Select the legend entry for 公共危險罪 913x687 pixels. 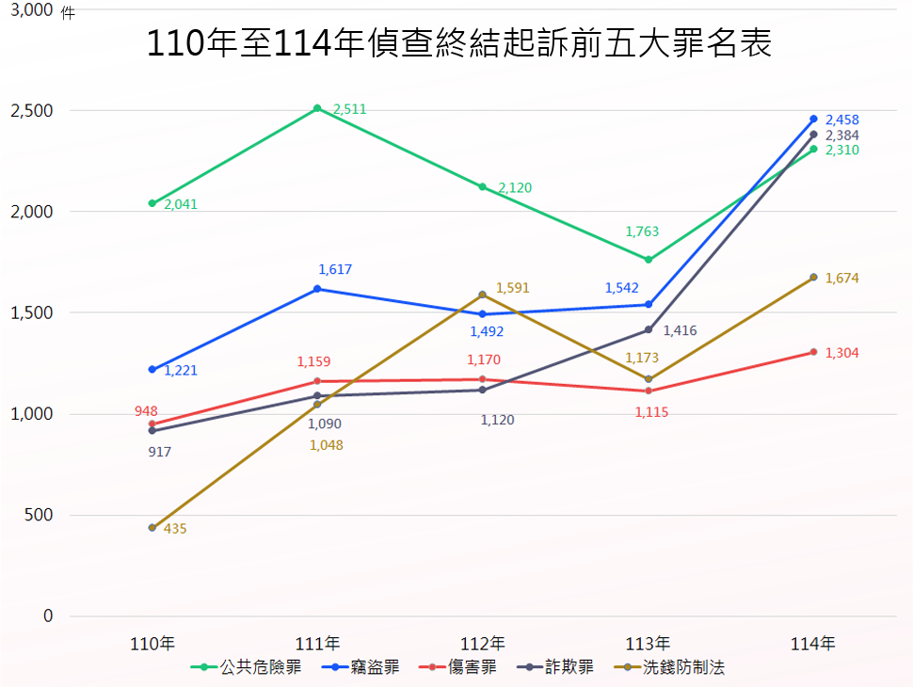248,667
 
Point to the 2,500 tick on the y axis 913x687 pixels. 32,111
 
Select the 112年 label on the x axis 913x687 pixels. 483,645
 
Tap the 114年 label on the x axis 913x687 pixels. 813,645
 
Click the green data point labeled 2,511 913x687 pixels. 317,108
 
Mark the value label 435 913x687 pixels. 175,529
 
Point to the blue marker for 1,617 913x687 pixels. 317,289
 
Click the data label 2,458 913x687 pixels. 841,120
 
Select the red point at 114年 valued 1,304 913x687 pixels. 813,352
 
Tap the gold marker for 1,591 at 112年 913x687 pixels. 483,295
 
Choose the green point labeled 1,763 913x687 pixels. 649,260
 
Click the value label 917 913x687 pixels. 160,452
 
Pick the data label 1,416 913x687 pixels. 680,330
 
